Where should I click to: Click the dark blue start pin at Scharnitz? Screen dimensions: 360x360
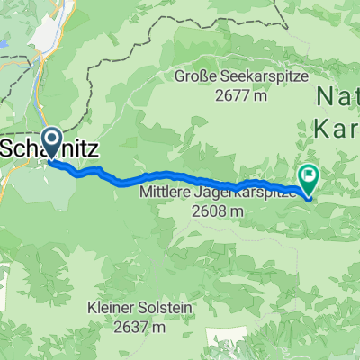[x=51, y=142]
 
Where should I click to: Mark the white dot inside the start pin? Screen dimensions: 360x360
[x=51, y=139]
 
